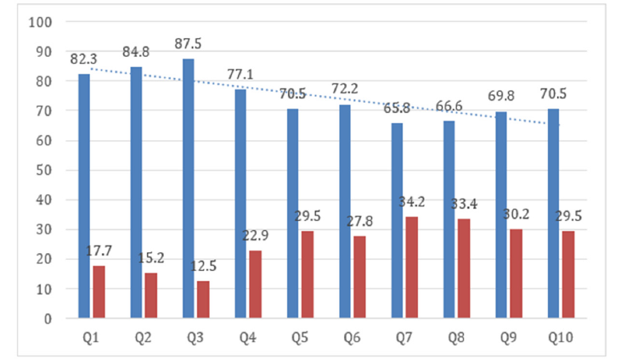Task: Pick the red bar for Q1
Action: (x=99, y=292)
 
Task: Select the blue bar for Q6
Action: (x=345, y=211)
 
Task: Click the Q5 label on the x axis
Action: (x=300, y=337)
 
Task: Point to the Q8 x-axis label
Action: (x=457, y=337)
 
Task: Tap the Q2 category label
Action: (x=144, y=337)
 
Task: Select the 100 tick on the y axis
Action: (x=40, y=21)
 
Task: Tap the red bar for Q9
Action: (x=517, y=273)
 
